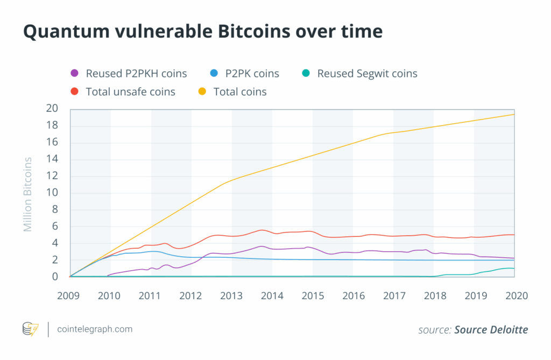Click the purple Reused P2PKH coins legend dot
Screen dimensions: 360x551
tap(75, 73)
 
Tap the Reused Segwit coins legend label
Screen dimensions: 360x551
tap(367, 73)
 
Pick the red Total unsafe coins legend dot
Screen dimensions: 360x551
tap(75, 91)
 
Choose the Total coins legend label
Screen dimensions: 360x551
tap(240, 91)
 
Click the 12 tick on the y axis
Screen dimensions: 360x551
tap(52, 176)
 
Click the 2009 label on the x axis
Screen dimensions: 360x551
tap(70, 295)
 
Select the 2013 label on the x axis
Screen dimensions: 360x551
tap(231, 295)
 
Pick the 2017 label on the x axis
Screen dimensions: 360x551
tap(393, 295)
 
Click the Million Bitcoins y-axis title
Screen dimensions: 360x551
tap(28, 194)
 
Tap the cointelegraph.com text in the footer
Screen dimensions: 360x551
tap(95, 329)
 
